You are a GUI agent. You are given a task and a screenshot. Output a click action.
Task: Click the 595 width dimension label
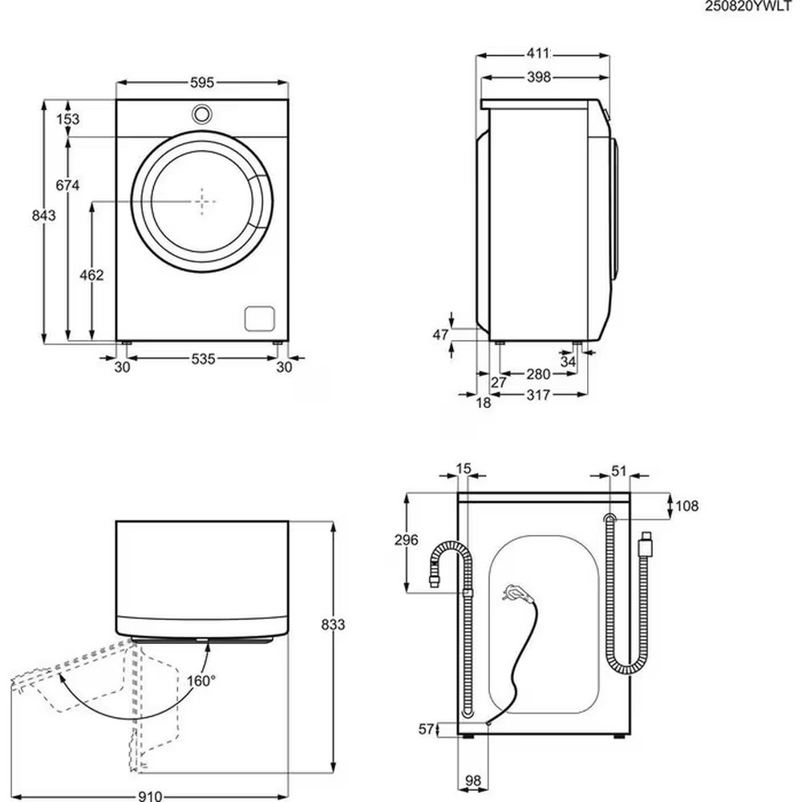(x=202, y=82)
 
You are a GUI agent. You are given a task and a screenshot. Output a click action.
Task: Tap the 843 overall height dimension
(x=43, y=215)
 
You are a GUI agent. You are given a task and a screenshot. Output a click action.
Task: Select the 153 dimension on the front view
(x=68, y=119)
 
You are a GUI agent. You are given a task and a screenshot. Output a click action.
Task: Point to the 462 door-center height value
(x=91, y=274)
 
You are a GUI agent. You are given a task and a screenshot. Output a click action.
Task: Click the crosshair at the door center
(x=204, y=201)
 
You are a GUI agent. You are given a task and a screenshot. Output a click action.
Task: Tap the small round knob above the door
(x=202, y=114)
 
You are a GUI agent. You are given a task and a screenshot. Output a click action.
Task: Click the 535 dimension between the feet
(x=204, y=360)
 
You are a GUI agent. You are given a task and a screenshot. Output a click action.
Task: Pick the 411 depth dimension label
(x=538, y=54)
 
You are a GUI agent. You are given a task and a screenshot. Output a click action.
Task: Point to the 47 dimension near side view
(x=440, y=335)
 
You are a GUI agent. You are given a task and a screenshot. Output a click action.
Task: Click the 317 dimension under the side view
(x=539, y=395)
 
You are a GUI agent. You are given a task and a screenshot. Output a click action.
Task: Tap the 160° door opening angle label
(x=201, y=681)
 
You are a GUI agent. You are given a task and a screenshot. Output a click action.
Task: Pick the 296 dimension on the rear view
(x=407, y=540)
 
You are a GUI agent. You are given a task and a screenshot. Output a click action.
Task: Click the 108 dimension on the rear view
(x=687, y=506)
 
